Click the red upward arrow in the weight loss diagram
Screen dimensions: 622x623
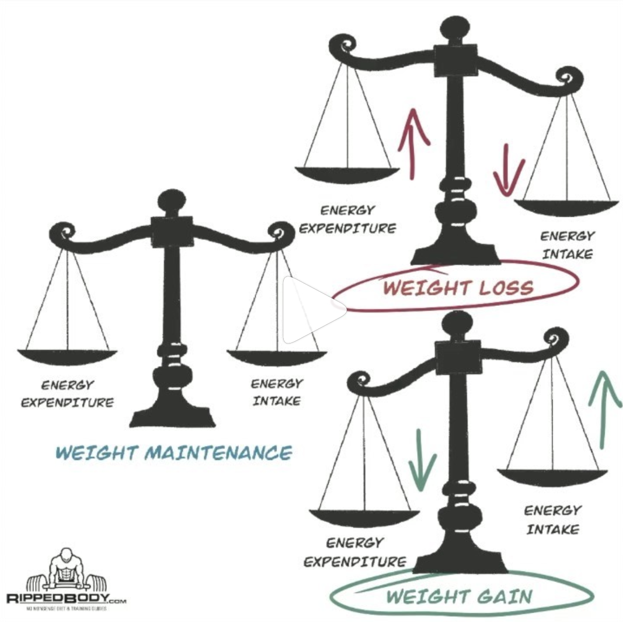tap(413, 143)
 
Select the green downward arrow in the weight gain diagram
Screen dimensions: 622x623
tap(421, 461)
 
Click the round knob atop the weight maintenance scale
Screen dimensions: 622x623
tap(171, 202)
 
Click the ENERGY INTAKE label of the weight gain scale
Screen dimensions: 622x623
tap(552, 519)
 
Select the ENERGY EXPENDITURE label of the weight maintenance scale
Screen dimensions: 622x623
tap(67, 394)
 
